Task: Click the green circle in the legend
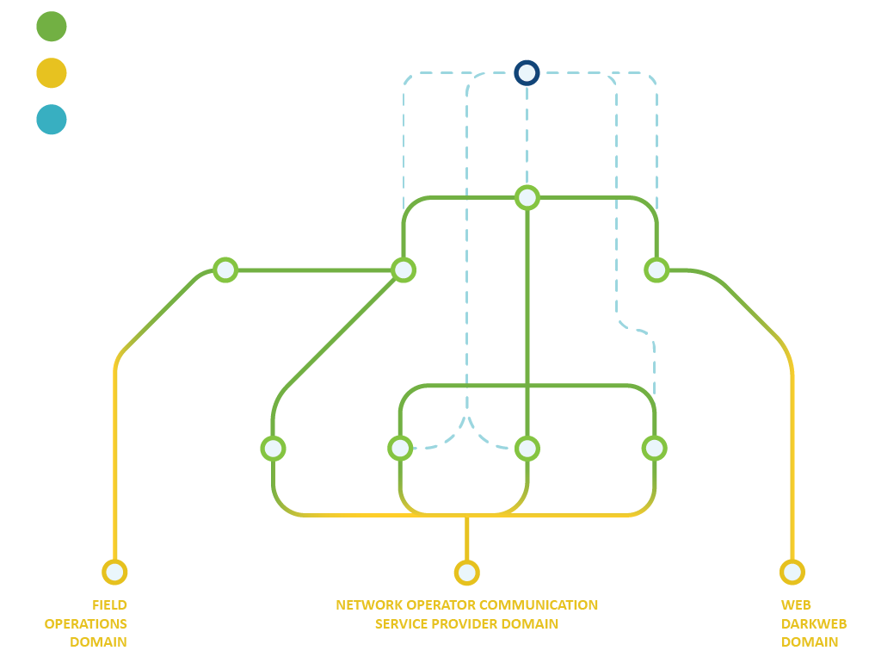(52, 26)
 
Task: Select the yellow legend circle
(52, 72)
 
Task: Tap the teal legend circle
(52, 120)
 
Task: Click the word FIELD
(110, 604)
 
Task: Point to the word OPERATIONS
(86, 623)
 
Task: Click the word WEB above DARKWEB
(796, 604)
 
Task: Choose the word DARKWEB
(814, 623)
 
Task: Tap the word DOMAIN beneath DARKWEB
(809, 642)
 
